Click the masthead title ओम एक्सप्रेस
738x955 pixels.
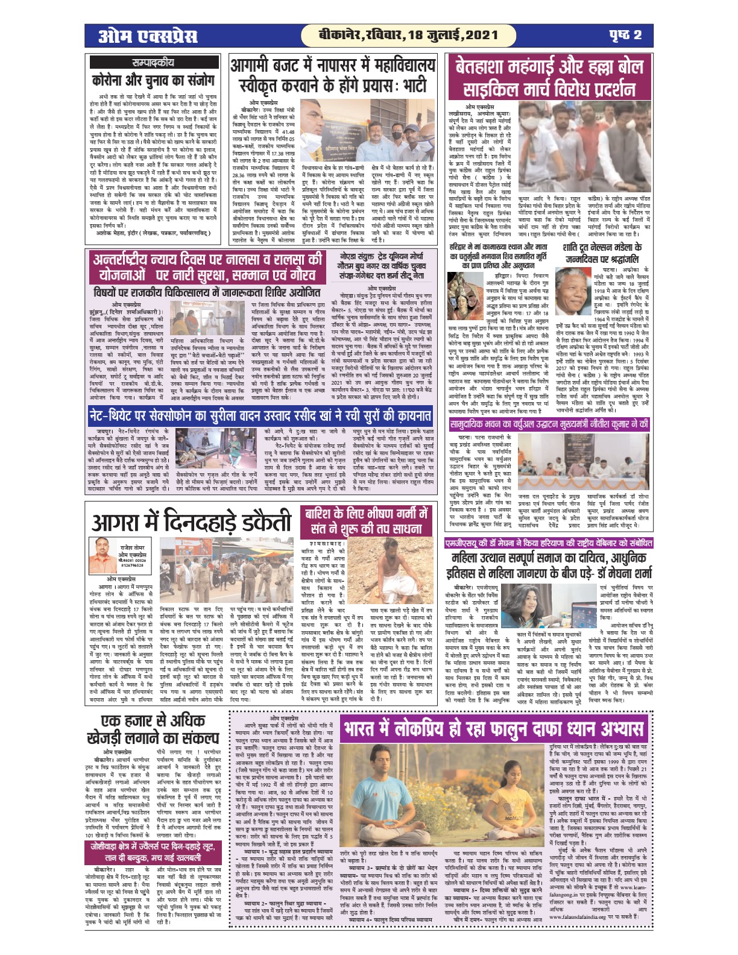(148, 36)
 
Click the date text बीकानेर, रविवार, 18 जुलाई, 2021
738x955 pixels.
(400, 35)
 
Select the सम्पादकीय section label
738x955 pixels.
(153, 62)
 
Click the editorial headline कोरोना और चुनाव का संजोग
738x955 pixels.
(153, 80)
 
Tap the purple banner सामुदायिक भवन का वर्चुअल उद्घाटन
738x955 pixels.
(549, 424)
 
